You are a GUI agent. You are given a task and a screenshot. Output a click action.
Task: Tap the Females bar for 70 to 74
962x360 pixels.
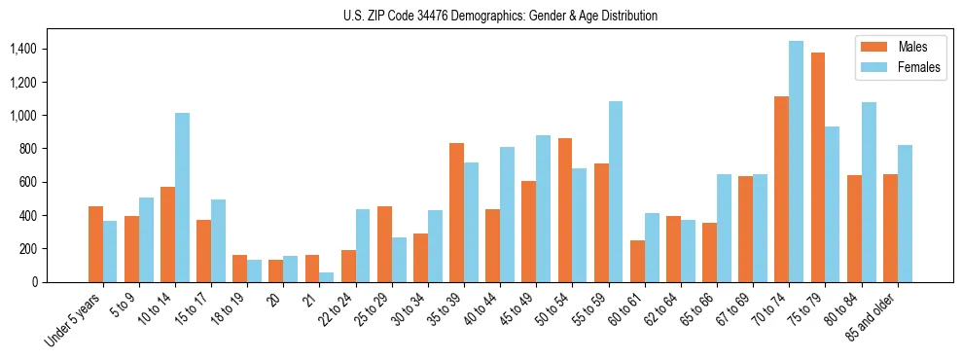coord(796,162)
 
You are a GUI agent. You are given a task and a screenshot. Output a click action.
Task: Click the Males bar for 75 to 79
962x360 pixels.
coord(818,167)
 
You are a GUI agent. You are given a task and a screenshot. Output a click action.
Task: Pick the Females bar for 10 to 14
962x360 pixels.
coord(182,198)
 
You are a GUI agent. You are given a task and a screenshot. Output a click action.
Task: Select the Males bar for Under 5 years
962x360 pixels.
coord(95,244)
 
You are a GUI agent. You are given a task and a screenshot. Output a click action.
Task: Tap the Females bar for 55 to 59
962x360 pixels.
coord(615,192)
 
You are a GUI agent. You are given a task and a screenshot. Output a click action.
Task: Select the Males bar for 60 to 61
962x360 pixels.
coord(637,262)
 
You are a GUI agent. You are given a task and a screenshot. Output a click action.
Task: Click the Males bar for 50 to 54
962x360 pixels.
coord(565,210)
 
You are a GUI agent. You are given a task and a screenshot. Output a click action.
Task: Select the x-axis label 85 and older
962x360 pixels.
coord(871,314)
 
